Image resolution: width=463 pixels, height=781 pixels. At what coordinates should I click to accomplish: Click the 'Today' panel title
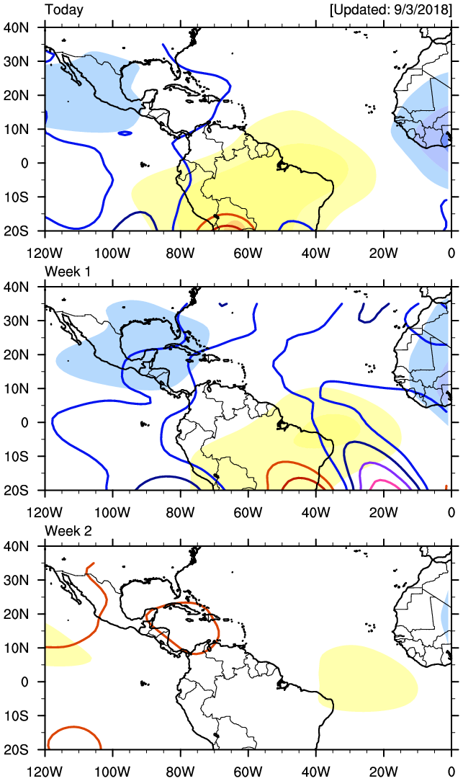[x=63, y=10]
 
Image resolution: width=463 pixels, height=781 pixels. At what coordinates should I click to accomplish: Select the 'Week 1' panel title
[x=66, y=270]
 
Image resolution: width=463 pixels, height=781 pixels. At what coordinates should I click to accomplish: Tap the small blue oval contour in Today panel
[x=125, y=133]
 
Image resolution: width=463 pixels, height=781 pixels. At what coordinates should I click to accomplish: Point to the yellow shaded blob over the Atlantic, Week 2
[x=367, y=677]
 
